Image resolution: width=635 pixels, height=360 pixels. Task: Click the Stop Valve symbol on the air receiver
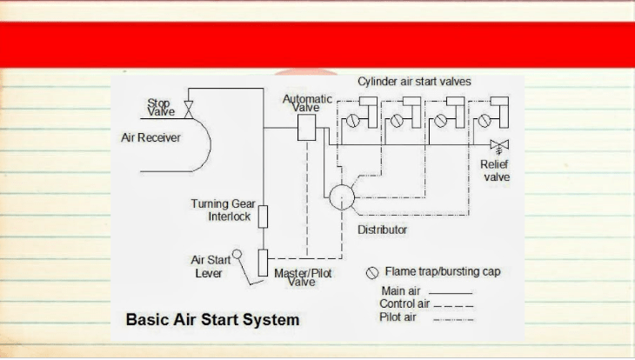coord(188,110)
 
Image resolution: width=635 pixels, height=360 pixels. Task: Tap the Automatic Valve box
coord(306,128)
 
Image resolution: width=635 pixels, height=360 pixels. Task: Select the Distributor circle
coord(342,197)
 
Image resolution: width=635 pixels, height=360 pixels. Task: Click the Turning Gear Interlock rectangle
coord(263,217)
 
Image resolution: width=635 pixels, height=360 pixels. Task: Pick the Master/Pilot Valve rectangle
coord(263,263)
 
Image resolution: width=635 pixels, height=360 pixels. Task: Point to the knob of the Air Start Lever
coord(237,254)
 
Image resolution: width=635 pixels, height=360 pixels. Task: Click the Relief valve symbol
coord(499,147)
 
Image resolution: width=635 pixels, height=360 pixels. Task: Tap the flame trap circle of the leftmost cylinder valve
coord(353,121)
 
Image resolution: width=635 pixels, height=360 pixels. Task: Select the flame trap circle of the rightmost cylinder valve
coord(485,120)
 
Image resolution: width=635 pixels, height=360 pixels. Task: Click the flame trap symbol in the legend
coord(372,273)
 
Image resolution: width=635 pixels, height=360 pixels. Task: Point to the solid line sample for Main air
coord(451,293)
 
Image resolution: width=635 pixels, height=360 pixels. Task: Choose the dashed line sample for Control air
coord(453,306)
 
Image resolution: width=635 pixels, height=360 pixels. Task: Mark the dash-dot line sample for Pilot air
coord(453,320)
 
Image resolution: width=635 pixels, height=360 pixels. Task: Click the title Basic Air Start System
coord(212,319)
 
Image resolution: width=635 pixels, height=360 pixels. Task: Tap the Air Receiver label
coord(150,137)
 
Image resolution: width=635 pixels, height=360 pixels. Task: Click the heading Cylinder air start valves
coord(414,82)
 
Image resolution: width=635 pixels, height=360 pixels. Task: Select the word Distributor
coord(382,230)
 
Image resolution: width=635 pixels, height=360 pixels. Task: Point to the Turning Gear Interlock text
coord(224,210)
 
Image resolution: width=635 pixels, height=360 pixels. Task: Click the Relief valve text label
coord(495,170)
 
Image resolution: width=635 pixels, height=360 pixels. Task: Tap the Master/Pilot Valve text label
coord(303,277)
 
